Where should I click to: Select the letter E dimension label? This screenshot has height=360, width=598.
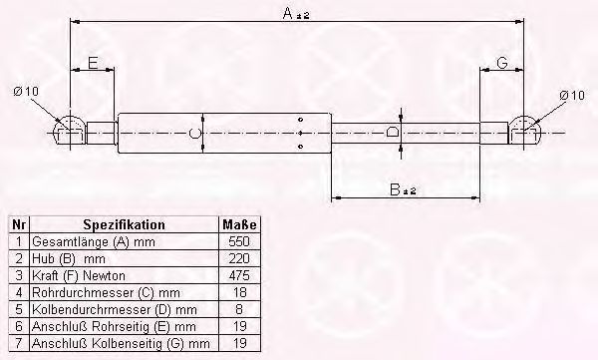click(x=93, y=63)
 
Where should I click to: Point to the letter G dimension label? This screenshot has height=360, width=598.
click(x=502, y=63)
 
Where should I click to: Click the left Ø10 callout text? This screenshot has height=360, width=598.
click(x=26, y=92)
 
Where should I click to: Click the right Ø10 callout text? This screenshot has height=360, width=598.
click(x=572, y=95)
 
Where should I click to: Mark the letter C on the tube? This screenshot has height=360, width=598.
click(x=195, y=133)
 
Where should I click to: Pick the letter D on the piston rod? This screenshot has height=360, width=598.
click(x=392, y=132)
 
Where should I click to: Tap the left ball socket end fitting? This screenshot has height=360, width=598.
click(x=70, y=130)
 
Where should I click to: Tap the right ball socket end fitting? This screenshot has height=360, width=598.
click(x=524, y=130)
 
